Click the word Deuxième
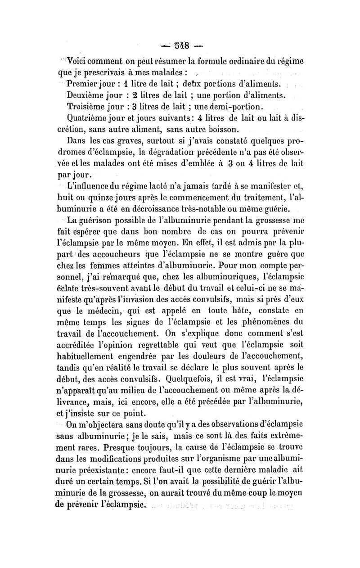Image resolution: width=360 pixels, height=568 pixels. click(x=85, y=95)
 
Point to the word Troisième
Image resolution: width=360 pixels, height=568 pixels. click(x=85, y=107)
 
